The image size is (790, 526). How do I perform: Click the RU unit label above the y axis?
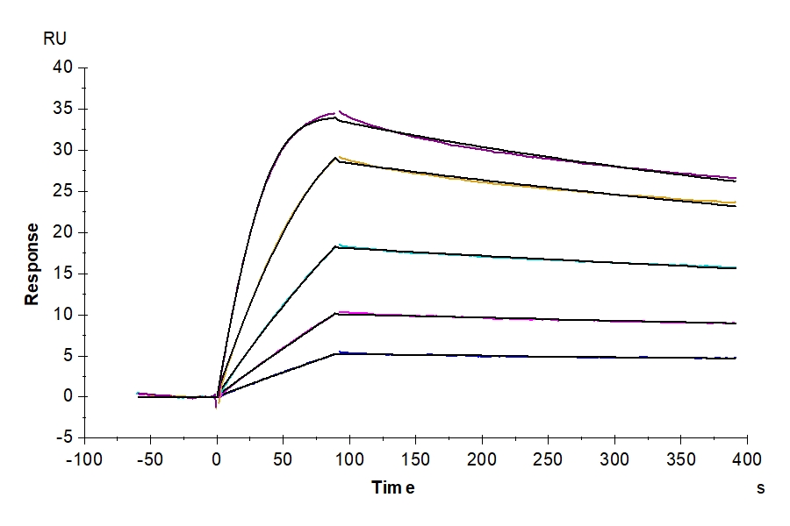pos(54,39)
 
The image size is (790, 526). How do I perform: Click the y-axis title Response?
pos(32,264)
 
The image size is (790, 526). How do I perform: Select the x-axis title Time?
pos(393,488)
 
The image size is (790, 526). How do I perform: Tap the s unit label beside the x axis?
pos(760,488)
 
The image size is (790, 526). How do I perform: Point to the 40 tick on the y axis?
pos(64,68)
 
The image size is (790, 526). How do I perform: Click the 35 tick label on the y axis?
pos(64,110)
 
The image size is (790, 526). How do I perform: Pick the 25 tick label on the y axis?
pos(64,191)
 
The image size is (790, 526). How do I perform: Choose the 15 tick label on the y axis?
pos(64,274)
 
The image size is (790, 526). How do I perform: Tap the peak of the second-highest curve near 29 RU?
pos(336,158)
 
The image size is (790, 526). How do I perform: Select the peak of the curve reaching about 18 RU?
pos(339,245)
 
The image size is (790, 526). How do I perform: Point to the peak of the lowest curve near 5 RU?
pos(339,352)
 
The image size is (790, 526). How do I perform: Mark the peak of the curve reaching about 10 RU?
pos(339,312)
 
